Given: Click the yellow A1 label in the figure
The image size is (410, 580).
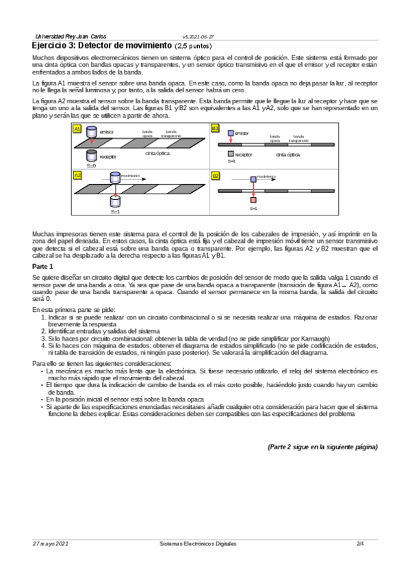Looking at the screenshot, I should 77,129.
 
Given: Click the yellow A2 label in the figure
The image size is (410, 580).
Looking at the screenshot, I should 77,175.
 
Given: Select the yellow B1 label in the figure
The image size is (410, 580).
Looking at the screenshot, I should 215,129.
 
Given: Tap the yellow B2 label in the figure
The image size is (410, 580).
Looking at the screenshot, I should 215,176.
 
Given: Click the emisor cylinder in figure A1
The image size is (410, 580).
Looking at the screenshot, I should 92,132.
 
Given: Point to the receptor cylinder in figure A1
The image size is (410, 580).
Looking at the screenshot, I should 92,156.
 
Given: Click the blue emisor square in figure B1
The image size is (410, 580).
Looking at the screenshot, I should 231,133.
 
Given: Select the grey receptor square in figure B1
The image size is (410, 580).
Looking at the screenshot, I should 231,154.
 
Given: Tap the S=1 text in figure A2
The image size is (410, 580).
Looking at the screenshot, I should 115,211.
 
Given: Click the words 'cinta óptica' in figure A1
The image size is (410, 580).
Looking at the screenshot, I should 157,153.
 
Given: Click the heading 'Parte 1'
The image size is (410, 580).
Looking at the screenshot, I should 45,265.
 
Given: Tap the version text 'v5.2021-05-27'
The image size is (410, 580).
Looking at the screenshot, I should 198,36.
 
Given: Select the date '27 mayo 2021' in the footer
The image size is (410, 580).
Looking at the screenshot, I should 51,543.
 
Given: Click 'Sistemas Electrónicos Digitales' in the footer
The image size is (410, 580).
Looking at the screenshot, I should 194,543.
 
